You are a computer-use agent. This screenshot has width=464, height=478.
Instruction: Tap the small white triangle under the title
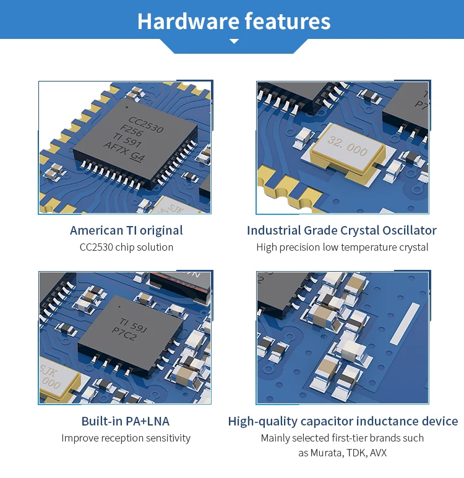(234, 41)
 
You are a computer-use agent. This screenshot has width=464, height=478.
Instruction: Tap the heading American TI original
(126, 230)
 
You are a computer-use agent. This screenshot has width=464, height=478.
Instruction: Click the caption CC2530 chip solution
(126, 247)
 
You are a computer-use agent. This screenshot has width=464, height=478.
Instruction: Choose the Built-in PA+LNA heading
(125, 421)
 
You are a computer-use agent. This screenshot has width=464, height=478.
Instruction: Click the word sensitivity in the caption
(165, 438)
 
